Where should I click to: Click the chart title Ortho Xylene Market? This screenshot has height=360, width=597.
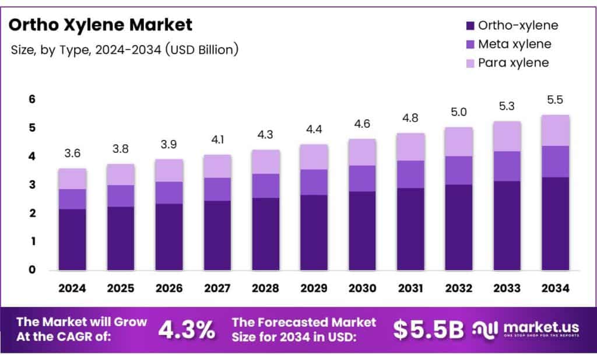[100, 25]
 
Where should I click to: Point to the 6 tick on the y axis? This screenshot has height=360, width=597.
[33, 100]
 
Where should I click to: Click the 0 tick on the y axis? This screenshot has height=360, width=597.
[33, 270]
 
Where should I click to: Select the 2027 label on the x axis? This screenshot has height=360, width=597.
[217, 288]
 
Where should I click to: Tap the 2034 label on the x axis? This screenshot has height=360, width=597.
[555, 288]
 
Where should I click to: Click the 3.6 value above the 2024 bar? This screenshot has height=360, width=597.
[72, 153]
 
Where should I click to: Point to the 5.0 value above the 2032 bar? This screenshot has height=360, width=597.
[458, 112]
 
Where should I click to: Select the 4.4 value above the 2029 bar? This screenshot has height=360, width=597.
[314, 129]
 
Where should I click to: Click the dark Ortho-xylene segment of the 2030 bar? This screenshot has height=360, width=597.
[362, 230]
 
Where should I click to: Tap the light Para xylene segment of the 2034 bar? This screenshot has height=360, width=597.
[555, 130]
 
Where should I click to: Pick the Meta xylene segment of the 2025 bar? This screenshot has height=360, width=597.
[121, 195]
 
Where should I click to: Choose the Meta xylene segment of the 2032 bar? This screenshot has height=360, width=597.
[458, 170]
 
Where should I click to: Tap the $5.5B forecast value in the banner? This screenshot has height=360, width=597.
[428, 330]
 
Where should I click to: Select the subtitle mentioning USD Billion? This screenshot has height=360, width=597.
[125, 50]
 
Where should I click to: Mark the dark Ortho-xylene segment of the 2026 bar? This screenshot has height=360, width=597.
[169, 236]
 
